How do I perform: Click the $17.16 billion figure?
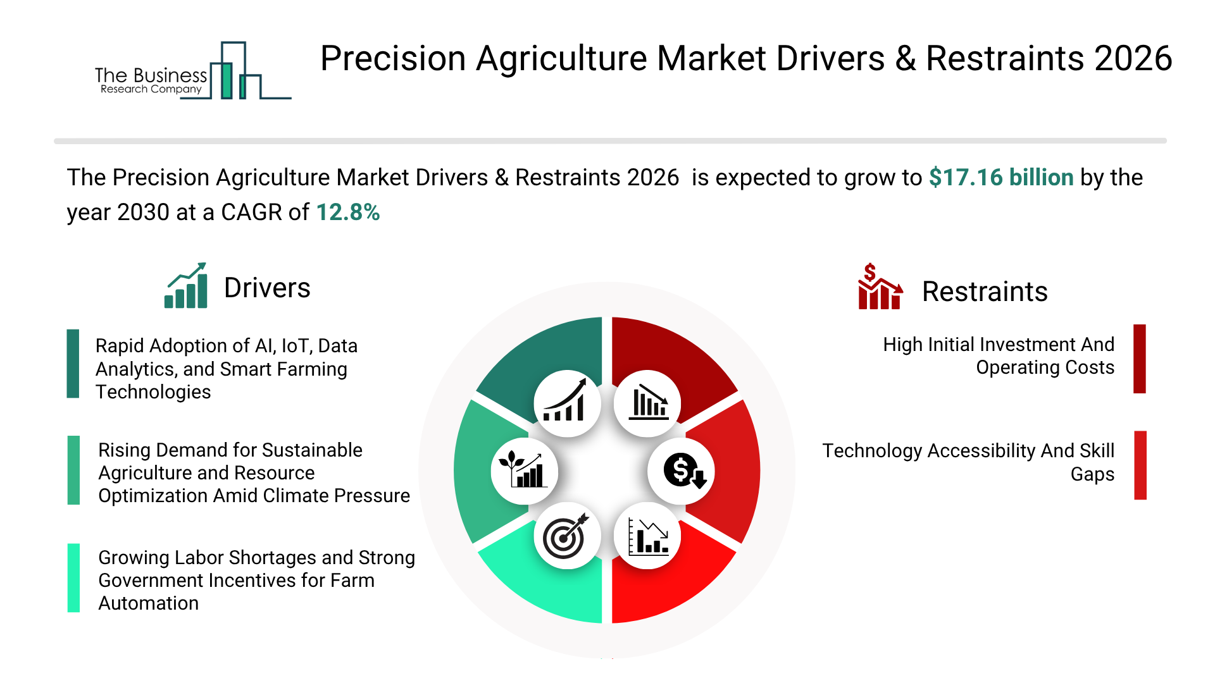(x=1001, y=178)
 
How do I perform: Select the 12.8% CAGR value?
(x=348, y=212)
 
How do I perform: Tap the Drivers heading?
(x=267, y=288)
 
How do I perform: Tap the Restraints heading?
(x=985, y=292)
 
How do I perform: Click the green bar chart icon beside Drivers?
(x=186, y=285)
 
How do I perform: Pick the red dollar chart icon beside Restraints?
(x=880, y=286)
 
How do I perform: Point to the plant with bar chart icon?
(x=523, y=469)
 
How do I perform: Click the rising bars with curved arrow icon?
(x=564, y=400)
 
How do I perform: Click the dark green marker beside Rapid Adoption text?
(x=73, y=364)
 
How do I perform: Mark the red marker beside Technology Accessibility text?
(x=1140, y=465)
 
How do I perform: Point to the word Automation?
(x=148, y=603)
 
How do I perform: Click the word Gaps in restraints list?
(x=1092, y=474)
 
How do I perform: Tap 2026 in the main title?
(x=1133, y=58)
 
